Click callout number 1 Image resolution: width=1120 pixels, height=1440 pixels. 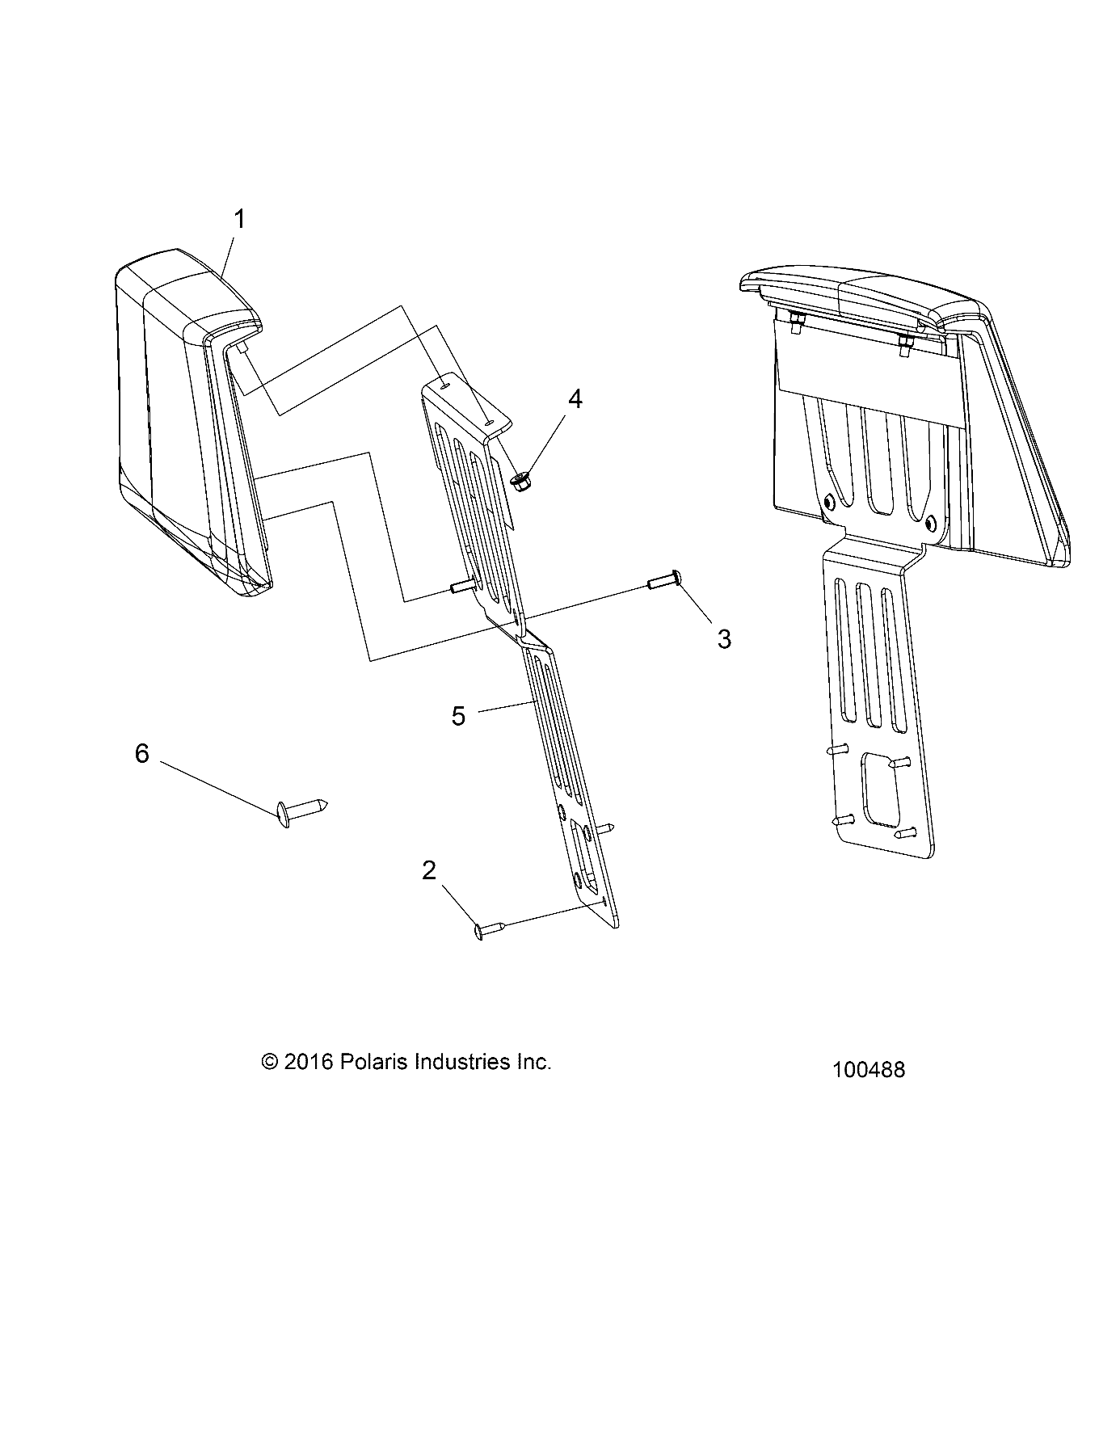point(239,219)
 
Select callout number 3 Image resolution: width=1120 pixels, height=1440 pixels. point(724,638)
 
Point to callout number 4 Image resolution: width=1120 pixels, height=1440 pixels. point(575,399)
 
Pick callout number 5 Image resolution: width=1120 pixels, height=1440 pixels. point(458,716)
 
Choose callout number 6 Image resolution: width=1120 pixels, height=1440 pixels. point(142,754)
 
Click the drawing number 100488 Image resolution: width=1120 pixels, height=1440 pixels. point(869,1070)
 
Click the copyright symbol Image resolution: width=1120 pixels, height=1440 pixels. point(270,1062)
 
